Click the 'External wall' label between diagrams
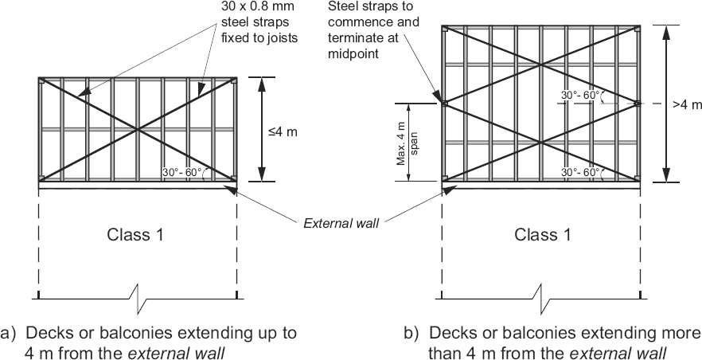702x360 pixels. pos(341,223)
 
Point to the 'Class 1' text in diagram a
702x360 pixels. pos(136,234)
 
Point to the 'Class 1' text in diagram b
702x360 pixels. pos(543,234)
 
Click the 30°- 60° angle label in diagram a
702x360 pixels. pos(182,172)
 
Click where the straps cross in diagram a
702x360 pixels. pos(138,129)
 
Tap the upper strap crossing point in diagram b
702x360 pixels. pos(542,65)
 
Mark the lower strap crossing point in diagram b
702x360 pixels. pos(542,142)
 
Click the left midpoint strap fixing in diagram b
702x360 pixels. pos(444,104)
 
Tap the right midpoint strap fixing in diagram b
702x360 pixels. pos(638,104)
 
